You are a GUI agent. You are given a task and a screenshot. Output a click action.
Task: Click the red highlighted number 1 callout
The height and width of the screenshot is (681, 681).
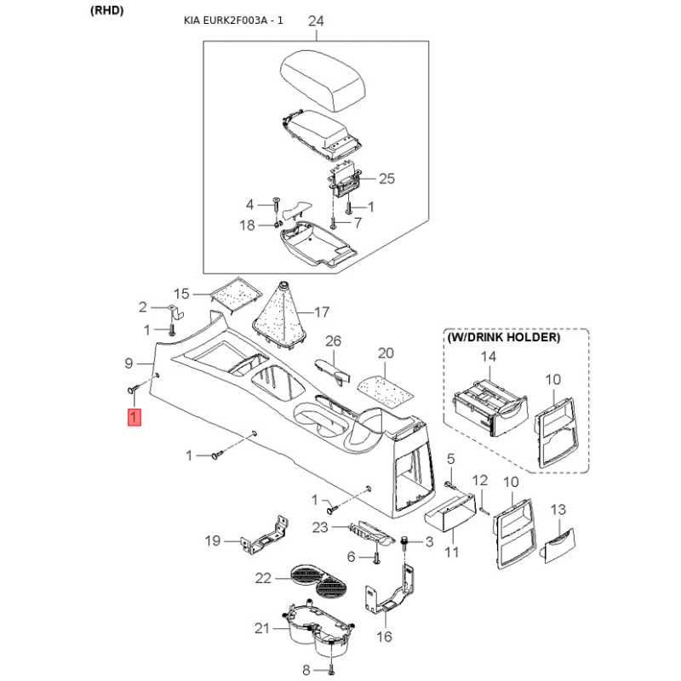click(134, 417)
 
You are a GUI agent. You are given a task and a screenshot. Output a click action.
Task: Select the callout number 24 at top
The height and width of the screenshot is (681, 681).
click(316, 20)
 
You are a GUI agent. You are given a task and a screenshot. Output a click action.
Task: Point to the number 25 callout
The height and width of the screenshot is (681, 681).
click(386, 179)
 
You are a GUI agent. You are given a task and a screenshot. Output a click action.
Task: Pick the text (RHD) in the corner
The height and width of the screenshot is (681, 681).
click(107, 10)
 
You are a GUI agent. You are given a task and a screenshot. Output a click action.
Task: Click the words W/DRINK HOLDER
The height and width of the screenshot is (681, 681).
click(503, 337)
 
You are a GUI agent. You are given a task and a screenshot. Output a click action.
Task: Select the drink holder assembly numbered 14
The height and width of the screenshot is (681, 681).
click(490, 408)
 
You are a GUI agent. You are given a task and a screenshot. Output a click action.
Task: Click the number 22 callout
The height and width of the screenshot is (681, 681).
click(263, 578)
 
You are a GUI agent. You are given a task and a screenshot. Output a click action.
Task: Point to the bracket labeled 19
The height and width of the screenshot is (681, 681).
click(265, 536)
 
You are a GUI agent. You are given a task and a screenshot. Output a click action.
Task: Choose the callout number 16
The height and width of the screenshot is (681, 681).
click(384, 637)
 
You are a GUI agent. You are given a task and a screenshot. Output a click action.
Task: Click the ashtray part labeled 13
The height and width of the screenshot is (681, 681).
click(558, 546)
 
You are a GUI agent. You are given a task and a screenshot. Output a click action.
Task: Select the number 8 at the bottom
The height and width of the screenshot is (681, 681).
click(306, 670)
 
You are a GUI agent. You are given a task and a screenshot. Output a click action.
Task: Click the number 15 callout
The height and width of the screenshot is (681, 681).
click(181, 294)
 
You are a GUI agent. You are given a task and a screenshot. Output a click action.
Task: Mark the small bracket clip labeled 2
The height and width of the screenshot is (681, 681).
click(175, 311)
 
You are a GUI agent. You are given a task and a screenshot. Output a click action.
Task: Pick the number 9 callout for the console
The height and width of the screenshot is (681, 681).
click(129, 363)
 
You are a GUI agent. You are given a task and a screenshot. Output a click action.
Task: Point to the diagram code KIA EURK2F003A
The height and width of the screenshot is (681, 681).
click(225, 20)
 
